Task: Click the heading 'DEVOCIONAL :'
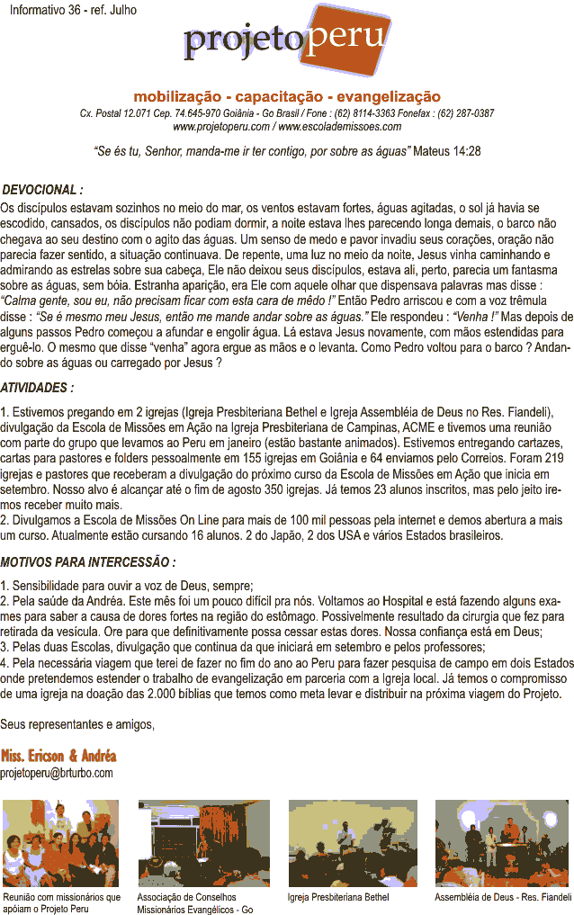(x=42, y=191)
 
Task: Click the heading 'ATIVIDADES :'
(x=38, y=388)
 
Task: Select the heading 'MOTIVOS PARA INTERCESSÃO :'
(x=87, y=562)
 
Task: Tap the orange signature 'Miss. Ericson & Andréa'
(x=58, y=756)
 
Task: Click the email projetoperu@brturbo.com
(x=57, y=773)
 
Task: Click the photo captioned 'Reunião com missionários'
(x=60, y=843)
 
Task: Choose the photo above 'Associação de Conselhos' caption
(x=203, y=843)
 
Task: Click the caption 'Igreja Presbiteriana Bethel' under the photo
(x=338, y=897)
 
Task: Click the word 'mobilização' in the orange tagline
(x=175, y=96)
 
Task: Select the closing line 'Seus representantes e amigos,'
(x=77, y=724)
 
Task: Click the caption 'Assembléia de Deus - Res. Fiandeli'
(x=503, y=897)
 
